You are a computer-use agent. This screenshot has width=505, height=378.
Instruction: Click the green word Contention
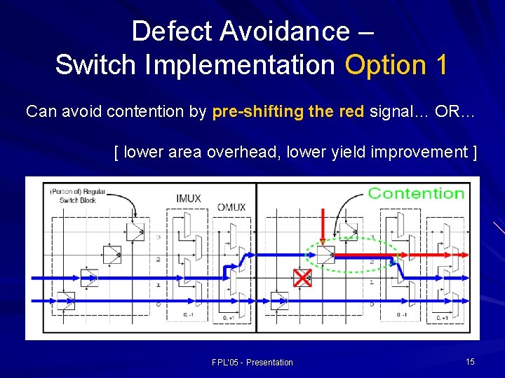(416, 193)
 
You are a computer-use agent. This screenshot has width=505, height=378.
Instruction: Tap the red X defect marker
(302, 278)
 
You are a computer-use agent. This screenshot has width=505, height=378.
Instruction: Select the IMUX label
(188, 198)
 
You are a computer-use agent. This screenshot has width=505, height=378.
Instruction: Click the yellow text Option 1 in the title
(396, 64)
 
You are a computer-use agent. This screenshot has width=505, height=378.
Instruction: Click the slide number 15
(470, 361)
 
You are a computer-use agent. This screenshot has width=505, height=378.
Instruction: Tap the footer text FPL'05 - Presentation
(252, 362)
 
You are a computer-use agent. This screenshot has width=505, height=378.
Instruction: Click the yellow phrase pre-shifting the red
(288, 112)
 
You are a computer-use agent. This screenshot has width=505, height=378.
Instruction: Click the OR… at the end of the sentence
(455, 112)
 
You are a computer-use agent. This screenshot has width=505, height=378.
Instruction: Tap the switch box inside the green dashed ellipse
(325, 253)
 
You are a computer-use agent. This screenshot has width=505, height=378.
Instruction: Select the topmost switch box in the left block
(135, 231)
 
